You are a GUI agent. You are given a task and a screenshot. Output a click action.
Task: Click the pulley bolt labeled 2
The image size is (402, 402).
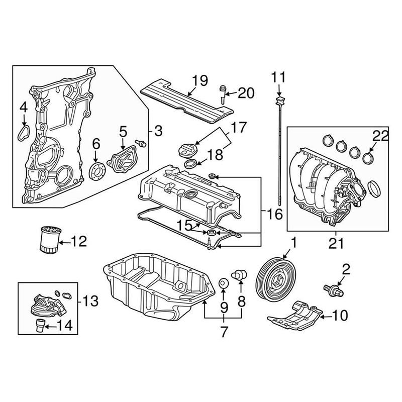pos(332,289)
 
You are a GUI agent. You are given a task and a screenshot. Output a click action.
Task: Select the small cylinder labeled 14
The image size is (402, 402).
pos(39,326)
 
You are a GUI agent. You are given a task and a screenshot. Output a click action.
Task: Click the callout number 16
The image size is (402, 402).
pos(274,215)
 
